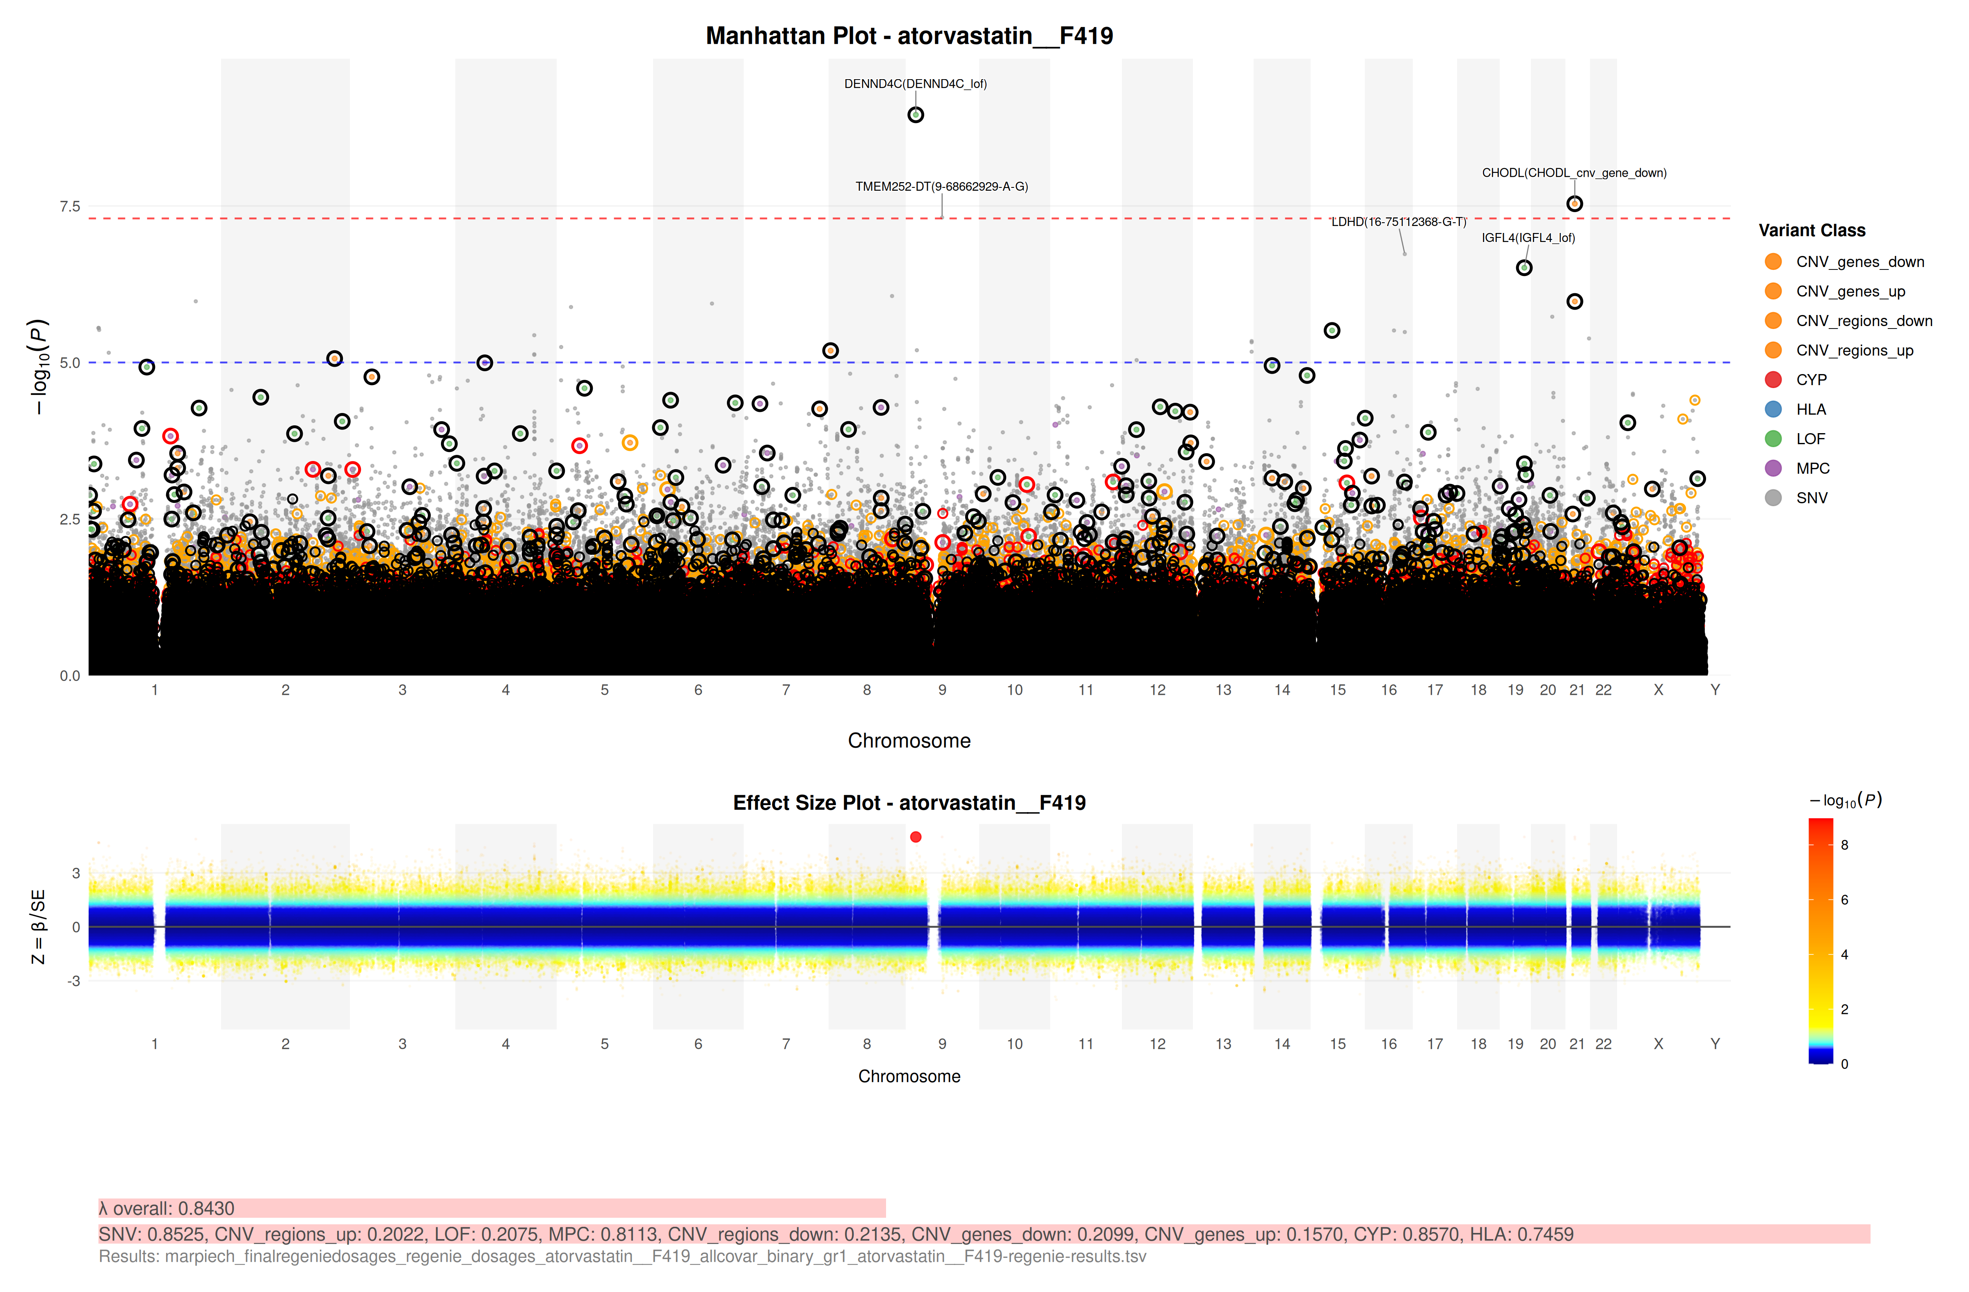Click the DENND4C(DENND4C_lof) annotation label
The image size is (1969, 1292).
915,84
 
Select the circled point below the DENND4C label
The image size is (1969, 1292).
915,115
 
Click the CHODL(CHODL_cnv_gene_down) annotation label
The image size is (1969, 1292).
1574,173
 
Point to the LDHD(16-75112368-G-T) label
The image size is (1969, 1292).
1398,221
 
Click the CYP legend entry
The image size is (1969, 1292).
1811,380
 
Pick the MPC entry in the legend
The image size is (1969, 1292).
1812,468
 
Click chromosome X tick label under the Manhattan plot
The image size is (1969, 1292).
1658,690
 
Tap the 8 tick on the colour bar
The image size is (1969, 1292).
1844,845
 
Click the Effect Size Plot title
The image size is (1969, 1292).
909,803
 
